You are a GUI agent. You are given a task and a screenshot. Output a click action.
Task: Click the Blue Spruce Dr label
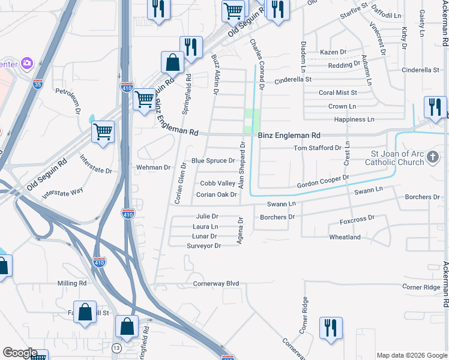tap(212, 161)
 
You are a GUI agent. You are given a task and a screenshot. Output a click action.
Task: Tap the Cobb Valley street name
tap(217, 183)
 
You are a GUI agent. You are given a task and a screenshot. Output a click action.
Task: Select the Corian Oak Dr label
tap(216, 194)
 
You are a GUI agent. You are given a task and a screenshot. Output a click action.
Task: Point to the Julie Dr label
tap(206, 216)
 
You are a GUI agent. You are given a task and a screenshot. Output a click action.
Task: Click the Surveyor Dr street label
tap(203, 246)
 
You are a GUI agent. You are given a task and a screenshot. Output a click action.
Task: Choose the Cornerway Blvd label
tap(216, 283)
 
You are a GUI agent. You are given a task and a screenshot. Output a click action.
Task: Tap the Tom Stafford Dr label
tap(317, 148)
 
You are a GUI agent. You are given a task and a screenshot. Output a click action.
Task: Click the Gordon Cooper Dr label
tap(323, 182)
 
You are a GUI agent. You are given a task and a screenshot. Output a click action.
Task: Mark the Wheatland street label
tap(345, 237)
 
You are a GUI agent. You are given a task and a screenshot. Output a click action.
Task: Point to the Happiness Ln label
tap(351, 120)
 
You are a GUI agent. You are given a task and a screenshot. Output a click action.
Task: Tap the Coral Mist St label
tap(337, 92)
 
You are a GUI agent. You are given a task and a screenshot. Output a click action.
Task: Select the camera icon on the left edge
tap(26, 62)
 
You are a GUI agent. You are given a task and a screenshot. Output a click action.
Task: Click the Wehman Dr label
tap(154, 167)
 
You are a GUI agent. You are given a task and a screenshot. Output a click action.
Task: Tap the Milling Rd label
tap(72, 283)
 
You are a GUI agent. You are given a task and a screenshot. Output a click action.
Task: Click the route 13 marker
tap(116, 348)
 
